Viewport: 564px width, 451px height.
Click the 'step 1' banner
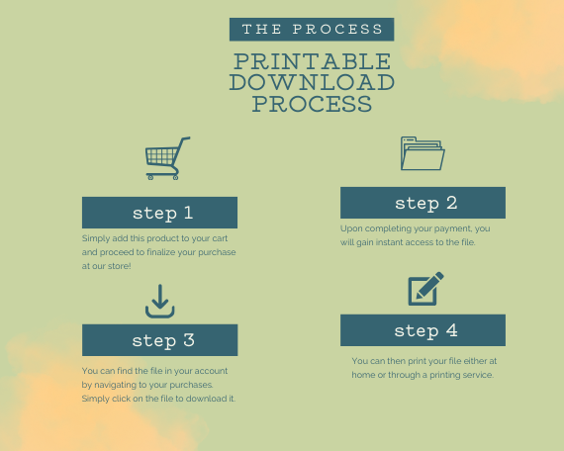coord(159,213)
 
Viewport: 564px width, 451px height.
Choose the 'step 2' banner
coord(423,203)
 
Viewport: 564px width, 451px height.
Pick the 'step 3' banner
coord(159,340)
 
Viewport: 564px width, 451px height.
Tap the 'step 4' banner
coord(423,330)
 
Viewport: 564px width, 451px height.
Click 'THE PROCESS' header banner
coord(312,29)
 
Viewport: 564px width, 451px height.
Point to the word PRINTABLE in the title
coord(313,61)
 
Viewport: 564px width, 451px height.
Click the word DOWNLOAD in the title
coord(313,82)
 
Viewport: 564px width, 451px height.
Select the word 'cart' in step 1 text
coord(220,238)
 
